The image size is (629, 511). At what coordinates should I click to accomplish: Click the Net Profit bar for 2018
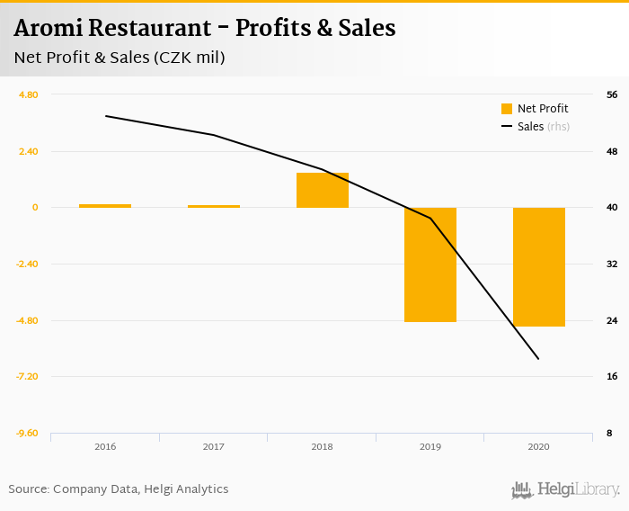pos(322,190)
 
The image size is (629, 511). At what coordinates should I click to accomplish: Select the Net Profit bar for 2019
pos(430,264)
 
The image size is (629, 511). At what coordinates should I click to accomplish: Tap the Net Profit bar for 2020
pos(539,267)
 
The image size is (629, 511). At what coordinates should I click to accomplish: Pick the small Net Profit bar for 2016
pos(105,206)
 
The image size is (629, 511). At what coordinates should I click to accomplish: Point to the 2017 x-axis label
pos(213,446)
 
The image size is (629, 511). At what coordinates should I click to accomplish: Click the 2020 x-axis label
pos(539,446)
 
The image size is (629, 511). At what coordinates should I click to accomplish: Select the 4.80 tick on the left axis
pos(29,95)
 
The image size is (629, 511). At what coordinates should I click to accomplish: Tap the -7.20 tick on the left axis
pos(27,377)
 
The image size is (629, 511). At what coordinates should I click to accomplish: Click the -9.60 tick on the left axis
pos(27,434)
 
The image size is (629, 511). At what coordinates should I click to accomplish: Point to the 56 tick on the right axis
pos(611,95)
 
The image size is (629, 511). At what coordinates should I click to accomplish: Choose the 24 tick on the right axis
pos(611,321)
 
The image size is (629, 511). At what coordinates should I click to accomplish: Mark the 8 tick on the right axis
pos(609,434)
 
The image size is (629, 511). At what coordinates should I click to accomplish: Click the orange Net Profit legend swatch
pos(507,109)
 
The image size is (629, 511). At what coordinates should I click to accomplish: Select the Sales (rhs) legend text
pos(544,127)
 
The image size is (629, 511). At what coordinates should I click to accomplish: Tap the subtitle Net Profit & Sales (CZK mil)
pos(119,58)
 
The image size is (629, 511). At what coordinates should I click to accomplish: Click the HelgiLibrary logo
pos(565,489)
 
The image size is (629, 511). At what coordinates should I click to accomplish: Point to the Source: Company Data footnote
pos(119,489)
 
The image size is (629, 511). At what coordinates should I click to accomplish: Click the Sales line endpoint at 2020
pos(538,359)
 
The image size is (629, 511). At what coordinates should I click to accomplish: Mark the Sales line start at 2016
pos(105,116)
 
